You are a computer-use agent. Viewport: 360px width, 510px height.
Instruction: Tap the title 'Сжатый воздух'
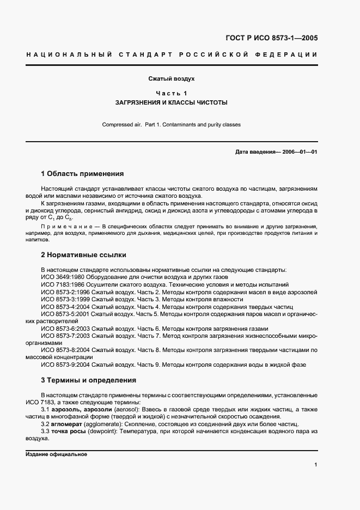(x=172, y=79)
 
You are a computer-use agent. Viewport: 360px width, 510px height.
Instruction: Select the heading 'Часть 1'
(x=172, y=93)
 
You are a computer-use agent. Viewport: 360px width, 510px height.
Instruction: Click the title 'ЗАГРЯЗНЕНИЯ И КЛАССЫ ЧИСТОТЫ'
(x=172, y=102)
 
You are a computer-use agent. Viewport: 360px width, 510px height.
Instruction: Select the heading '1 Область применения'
(x=82, y=174)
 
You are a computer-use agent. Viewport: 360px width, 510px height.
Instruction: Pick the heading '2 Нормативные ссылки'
(x=82, y=254)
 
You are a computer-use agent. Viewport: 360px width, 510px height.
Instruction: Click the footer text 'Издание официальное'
(x=56, y=454)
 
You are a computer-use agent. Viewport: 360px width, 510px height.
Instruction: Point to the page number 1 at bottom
(x=315, y=464)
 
